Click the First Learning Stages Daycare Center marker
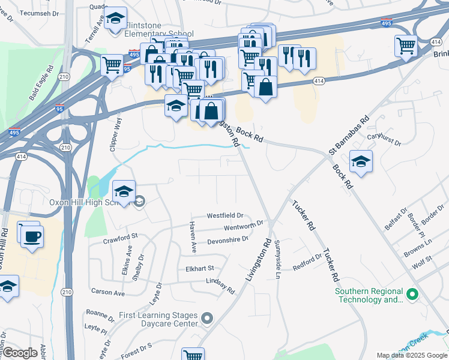point(207,318)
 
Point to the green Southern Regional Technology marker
point(412,295)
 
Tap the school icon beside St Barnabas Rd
point(361,162)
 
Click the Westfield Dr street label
point(224,215)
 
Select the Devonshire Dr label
point(228,240)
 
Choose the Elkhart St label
point(199,268)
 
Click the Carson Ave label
point(107,293)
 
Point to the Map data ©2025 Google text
point(412,355)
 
